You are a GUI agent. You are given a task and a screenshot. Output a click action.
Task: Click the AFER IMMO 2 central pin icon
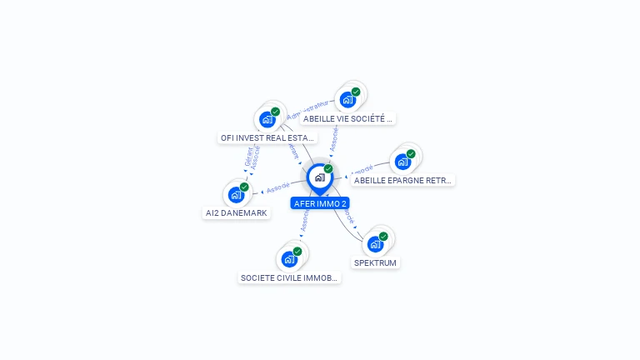click(x=319, y=177)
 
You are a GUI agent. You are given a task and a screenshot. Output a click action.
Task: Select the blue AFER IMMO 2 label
click(x=320, y=203)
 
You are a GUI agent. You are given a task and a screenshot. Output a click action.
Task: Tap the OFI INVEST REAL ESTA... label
click(x=267, y=137)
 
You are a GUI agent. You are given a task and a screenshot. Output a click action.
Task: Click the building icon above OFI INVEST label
click(x=267, y=119)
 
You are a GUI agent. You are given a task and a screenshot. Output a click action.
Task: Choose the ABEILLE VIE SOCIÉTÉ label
click(x=347, y=118)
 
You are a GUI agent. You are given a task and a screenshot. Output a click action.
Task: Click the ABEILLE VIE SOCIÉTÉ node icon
click(x=347, y=100)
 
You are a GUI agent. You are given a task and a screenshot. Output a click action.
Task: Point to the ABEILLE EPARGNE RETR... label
click(x=402, y=180)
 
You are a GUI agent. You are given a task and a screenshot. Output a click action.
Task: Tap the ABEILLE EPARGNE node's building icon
click(x=402, y=162)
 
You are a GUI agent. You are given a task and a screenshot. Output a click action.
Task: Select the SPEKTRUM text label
click(x=375, y=262)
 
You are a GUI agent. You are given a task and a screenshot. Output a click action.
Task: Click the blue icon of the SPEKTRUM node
click(x=375, y=244)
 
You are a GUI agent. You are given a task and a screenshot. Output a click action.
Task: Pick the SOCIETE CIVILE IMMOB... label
click(x=289, y=277)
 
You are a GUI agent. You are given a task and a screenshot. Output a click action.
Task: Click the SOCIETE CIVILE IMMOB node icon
click(x=289, y=259)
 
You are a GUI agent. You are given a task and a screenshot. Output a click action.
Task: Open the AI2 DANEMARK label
click(x=237, y=212)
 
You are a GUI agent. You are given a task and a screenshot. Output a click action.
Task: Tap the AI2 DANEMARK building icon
click(x=237, y=195)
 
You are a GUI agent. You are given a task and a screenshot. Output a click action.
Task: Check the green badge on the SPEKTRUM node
click(x=383, y=237)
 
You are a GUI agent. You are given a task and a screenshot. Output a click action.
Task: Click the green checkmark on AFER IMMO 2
click(x=328, y=169)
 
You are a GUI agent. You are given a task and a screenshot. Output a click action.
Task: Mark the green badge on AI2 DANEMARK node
click(x=244, y=187)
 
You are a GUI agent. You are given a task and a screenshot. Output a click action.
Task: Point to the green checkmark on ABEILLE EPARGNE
click(x=411, y=154)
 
